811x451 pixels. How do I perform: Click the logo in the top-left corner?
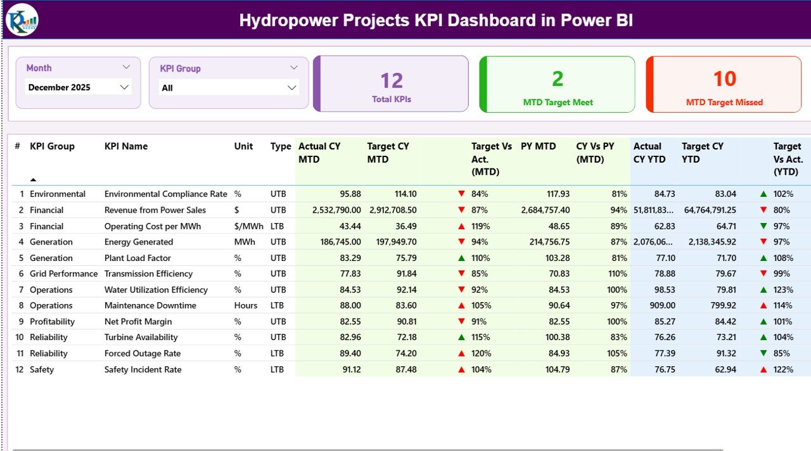(22, 20)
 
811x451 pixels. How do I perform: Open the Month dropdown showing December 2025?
(78, 87)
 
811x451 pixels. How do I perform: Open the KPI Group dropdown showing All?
(229, 88)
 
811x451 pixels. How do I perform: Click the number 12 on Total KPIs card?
(392, 80)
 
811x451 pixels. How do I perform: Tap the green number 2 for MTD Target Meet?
(558, 79)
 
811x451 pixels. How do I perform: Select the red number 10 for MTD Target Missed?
(724, 79)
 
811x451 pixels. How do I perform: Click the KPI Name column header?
(126, 146)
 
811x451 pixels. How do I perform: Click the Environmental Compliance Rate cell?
(165, 194)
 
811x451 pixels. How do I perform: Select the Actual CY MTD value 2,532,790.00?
(336, 210)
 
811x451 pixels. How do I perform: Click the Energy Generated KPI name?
(138, 242)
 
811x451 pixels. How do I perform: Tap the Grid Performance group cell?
(63, 274)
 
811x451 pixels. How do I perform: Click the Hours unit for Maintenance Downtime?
(246, 305)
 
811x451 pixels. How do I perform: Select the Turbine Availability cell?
(141, 338)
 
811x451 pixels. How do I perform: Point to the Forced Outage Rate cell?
(143, 353)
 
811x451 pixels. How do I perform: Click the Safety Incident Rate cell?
(143, 369)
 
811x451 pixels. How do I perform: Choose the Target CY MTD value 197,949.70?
(392, 242)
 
